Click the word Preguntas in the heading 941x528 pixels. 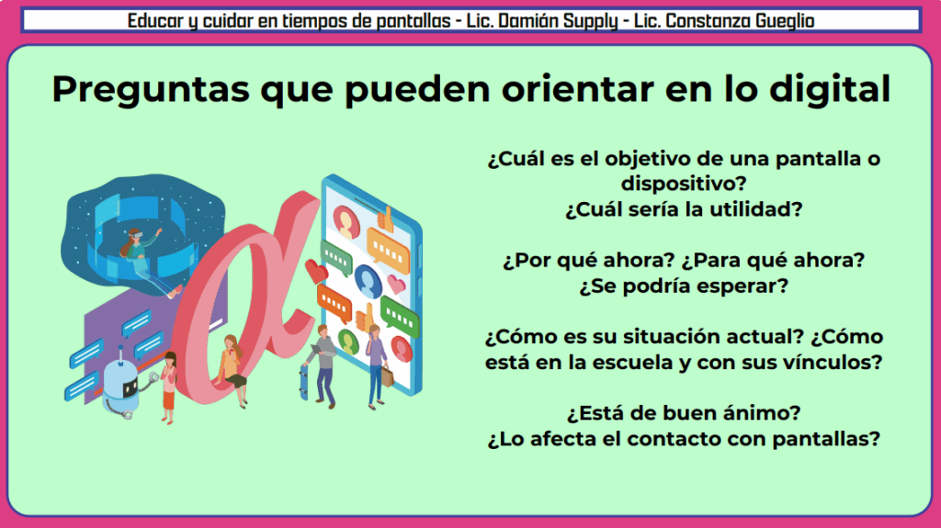(150, 90)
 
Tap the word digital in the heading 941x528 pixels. (830, 89)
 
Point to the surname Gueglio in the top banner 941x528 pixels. (785, 22)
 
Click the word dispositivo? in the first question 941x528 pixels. (684, 184)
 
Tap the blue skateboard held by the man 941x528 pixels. (303, 382)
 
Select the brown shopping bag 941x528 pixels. (388, 376)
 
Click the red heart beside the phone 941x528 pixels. (316, 272)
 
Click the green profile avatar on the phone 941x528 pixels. (347, 342)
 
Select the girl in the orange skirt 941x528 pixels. (169, 388)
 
